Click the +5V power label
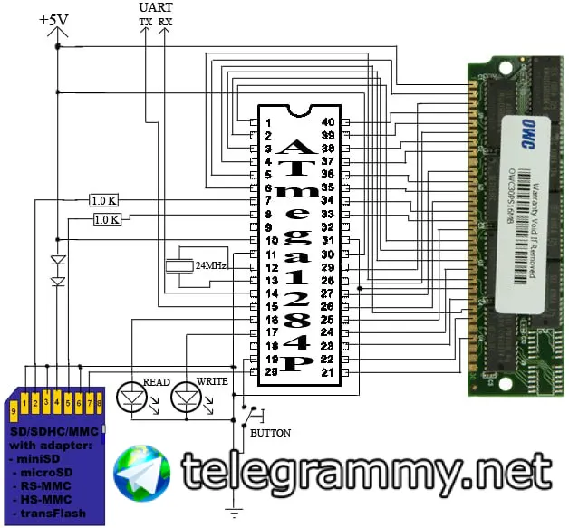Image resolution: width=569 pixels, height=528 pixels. point(55,18)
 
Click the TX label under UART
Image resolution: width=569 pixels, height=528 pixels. point(145,21)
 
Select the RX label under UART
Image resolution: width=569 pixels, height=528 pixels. point(165,21)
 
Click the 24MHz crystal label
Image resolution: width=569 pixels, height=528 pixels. point(209,266)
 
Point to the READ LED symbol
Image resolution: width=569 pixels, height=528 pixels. point(133,394)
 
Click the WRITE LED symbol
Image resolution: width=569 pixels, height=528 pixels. point(188,394)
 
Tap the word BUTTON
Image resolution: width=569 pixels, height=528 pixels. point(270,433)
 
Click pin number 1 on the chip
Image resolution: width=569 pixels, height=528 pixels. point(270,121)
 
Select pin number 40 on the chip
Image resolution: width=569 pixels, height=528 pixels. point(328,121)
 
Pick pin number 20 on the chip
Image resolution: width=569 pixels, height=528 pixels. point(270,372)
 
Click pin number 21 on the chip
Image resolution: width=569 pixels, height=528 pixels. point(328,372)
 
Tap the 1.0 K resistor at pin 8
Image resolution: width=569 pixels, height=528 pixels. point(108,219)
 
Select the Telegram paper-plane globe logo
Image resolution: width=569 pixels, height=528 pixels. point(141,471)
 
